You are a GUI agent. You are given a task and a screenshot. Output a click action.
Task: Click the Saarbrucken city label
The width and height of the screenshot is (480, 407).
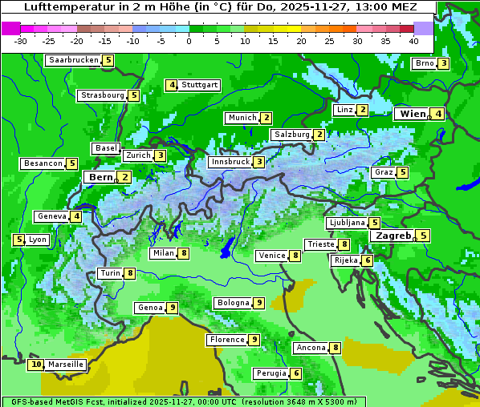(74, 60)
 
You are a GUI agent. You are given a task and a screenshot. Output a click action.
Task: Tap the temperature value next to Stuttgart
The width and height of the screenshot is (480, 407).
(172, 85)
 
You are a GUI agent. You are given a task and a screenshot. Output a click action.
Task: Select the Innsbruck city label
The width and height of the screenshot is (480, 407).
(230, 162)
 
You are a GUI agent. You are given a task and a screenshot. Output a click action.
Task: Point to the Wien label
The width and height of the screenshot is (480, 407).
(413, 114)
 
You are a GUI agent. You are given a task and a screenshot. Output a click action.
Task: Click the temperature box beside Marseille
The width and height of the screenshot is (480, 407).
(35, 365)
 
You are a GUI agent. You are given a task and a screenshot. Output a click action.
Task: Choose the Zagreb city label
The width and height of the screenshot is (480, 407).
(393, 236)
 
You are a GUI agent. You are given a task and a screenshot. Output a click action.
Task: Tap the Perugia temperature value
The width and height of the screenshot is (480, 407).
(296, 373)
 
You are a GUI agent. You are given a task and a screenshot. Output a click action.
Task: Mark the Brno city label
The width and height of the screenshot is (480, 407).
(424, 63)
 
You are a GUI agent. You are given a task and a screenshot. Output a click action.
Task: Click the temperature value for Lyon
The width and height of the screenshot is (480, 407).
(18, 240)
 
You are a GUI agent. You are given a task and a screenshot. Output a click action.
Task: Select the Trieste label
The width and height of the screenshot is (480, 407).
(321, 244)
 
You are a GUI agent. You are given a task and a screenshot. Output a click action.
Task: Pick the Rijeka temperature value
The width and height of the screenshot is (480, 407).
(367, 260)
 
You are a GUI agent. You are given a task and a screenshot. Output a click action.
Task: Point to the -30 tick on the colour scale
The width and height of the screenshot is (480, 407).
(21, 41)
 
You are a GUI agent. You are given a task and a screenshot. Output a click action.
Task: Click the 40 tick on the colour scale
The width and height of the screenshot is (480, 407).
(413, 41)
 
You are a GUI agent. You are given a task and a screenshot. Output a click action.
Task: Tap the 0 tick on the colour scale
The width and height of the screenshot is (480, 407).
(189, 41)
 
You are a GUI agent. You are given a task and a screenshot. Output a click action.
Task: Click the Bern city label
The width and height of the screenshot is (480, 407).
(101, 177)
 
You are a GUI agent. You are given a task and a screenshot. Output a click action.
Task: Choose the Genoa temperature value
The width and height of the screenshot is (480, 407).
(172, 308)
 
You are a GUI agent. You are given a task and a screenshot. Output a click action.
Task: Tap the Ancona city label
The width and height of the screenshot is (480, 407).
(311, 348)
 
